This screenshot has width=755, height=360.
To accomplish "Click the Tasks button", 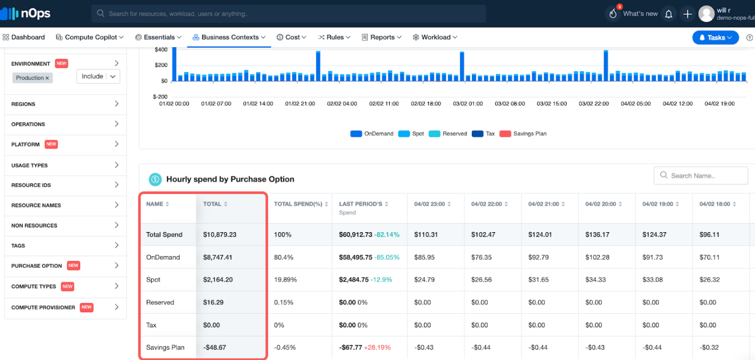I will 715,37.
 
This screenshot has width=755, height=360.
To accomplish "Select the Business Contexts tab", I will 229,37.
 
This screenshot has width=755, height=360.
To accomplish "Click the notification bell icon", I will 668,14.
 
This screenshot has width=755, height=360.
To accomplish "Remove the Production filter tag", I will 47,78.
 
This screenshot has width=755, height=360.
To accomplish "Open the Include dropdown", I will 98,76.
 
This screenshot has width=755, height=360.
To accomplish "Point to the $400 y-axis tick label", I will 161,50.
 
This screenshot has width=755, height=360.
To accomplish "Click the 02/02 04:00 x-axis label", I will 342,104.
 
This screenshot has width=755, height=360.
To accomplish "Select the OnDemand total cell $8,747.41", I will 218,257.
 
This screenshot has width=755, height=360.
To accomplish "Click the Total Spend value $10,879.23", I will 220,235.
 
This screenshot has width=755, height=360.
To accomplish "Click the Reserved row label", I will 160,302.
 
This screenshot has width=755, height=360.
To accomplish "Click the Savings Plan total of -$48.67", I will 214,348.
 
